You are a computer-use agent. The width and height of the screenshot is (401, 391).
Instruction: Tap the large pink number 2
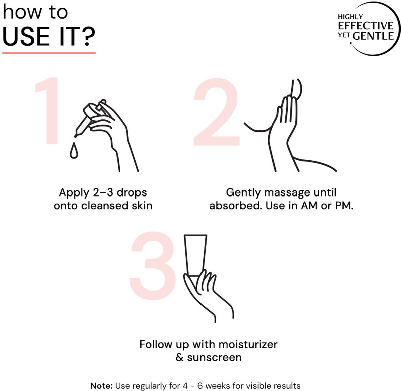217,112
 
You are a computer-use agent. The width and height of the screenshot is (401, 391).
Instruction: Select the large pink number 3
153,266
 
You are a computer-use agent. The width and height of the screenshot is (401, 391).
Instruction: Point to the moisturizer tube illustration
195,256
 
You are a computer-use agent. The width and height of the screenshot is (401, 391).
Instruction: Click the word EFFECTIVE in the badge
366,26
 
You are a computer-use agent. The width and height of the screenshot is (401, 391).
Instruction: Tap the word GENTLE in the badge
373,36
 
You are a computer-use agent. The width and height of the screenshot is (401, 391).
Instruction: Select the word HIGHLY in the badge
350,17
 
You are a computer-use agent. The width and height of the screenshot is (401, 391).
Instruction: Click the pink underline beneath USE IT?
49,53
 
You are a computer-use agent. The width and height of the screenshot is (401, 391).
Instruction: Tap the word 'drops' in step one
132,192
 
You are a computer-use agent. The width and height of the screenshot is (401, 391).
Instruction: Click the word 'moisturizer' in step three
248,344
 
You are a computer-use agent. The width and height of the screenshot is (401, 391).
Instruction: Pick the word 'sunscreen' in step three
215,357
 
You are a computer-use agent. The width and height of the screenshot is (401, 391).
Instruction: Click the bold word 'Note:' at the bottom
102,386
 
